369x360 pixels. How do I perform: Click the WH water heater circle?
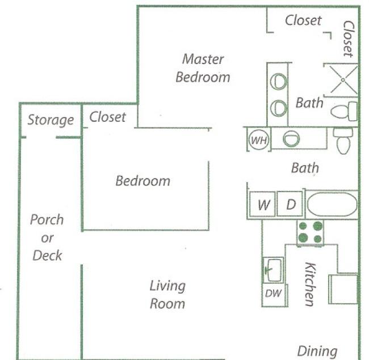coord(259,140)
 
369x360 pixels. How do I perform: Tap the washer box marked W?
coord(262,204)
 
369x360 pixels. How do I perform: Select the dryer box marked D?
coord(290,204)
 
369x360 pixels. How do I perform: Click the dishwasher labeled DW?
coord(273,294)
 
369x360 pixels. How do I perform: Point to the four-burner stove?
coord(310,232)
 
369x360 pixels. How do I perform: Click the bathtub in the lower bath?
coord(332,204)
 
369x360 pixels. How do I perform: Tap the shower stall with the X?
coord(342,80)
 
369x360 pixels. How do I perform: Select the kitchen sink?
coord(273,270)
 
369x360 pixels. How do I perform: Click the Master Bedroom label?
coord(203,68)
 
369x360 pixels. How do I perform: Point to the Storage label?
coord(51,120)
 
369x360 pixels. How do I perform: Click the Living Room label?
coord(167,295)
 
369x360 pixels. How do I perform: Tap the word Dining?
coord(317,351)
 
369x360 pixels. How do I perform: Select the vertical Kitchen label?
coord(310,285)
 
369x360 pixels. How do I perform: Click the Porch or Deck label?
coord(47,238)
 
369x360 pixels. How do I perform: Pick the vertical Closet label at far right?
coord(349,39)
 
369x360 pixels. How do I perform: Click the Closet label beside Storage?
coord(107,117)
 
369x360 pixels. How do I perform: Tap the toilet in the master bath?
coord(344,111)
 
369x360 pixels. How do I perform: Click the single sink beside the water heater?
coord(291,139)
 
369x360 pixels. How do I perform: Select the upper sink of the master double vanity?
coord(278,82)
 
